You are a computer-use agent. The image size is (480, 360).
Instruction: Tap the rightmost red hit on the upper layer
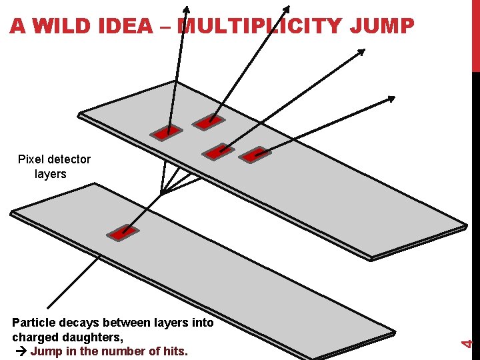click(254, 155)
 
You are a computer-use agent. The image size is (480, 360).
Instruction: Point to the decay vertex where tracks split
click(161, 193)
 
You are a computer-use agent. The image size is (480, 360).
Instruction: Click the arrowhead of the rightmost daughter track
click(393, 99)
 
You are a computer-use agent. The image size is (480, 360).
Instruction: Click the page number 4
click(468, 343)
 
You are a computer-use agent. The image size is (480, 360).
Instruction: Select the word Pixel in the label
click(31, 159)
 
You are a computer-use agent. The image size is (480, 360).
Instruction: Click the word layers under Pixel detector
click(51, 174)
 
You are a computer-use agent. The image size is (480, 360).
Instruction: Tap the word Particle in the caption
click(35, 323)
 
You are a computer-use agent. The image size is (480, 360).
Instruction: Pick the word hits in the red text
click(175, 351)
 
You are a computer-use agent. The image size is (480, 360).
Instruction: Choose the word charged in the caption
click(33, 337)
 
